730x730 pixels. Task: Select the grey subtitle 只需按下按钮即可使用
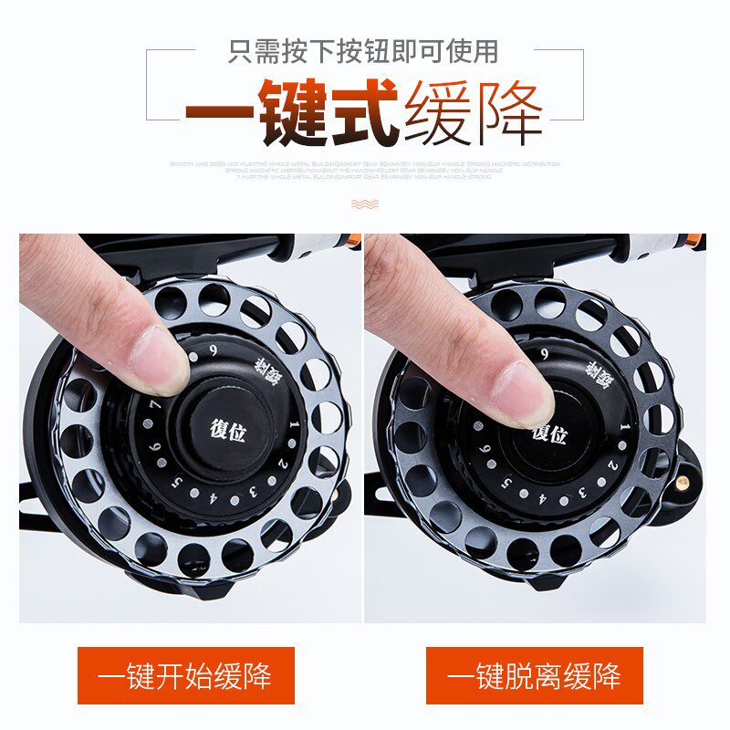(363, 50)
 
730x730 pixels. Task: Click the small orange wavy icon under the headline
(364, 203)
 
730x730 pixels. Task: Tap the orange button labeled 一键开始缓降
(186, 675)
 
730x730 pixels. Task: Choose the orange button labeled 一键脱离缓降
(535, 675)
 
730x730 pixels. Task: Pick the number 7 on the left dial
(156, 404)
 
